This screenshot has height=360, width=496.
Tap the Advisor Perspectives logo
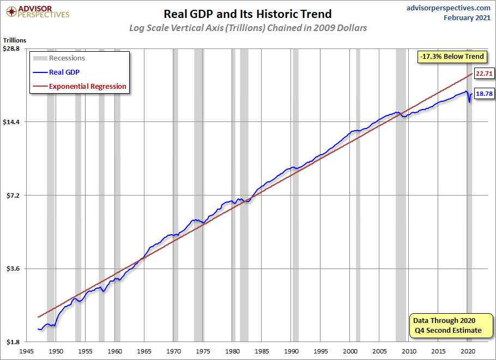[37, 11]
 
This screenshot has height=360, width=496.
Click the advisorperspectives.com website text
[441, 8]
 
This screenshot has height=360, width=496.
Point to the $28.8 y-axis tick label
[11, 48]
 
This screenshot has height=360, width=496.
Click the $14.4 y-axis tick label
[11, 122]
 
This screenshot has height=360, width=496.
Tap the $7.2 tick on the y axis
[13, 196]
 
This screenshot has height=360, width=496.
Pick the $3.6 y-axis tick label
[13, 269]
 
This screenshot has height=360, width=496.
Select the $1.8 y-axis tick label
[13, 342]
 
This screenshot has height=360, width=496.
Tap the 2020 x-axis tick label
[469, 351]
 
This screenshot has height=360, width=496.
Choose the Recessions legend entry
[66, 58]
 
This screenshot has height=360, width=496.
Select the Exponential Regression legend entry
[87, 86]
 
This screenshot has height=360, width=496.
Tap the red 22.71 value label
[483, 74]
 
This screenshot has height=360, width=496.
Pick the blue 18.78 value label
[483, 94]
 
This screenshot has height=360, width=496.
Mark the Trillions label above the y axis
[15, 40]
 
